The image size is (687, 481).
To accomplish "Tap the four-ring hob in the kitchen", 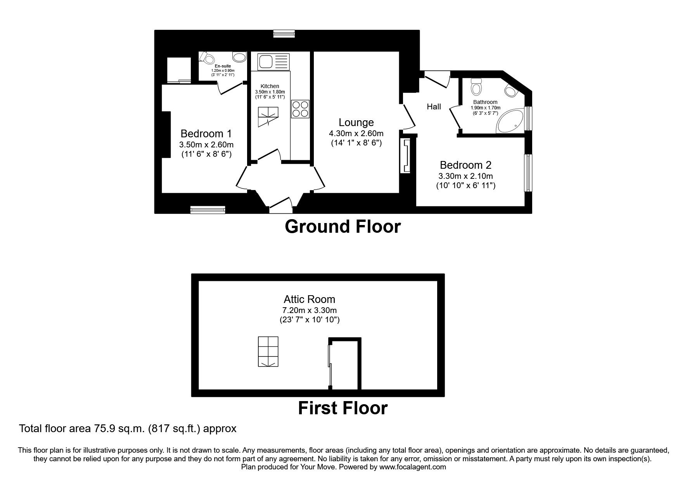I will pyautogui.click(x=300, y=109).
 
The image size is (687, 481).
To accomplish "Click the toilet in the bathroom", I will pyautogui.click(x=476, y=87).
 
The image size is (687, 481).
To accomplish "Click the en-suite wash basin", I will pyautogui.click(x=240, y=57).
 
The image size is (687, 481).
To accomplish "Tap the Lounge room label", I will pyautogui.click(x=356, y=123).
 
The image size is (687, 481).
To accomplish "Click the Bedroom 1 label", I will pyautogui.click(x=206, y=134).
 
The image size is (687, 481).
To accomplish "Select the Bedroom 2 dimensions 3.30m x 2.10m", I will pyautogui.click(x=465, y=176).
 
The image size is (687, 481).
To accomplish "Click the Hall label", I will pyautogui.click(x=434, y=106).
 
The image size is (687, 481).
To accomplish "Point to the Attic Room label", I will pyautogui.click(x=309, y=299).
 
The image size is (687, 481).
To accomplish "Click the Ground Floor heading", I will pyautogui.click(x=343, y=227).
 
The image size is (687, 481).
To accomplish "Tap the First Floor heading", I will pyautogui.click(x=343, y=408).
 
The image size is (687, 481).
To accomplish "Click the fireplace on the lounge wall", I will pyautogui.click(x=406, y=156).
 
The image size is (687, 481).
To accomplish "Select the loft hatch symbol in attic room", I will pyautogui.click(x=268, y=351).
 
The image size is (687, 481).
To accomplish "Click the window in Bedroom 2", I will pyautogui.click(x=528, y=173).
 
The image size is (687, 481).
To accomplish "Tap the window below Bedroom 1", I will pyautogui.click(x=208, y=210).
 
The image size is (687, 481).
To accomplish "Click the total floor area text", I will pyautogui.click(x=128, y=429).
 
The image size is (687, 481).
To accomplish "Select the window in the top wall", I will pyautogui.click(x=284, y=34).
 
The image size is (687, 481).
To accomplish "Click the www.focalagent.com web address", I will pyautogui.click(x=413, y=467).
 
